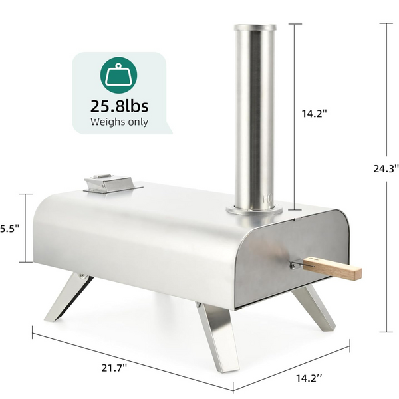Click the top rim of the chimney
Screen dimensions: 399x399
pyautogui.click(x=254, y=28)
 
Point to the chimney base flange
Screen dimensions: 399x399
pyautogui.click(x=253, y=211)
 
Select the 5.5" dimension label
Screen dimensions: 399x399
pyautogui.click(x=9, y=227)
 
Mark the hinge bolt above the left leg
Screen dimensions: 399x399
pyautogui.click(x=81, y=274)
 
